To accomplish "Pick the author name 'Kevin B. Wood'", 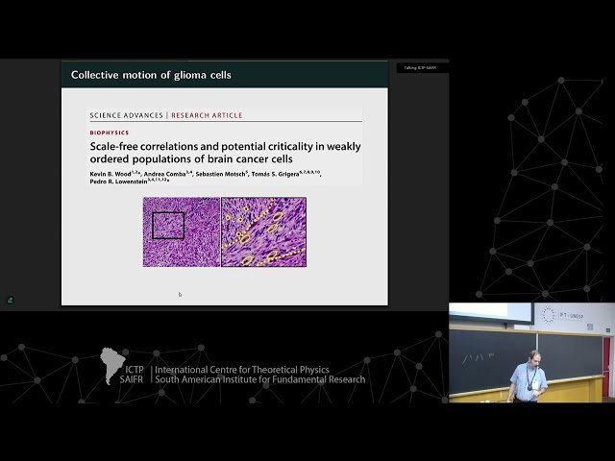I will (x=110, y=173).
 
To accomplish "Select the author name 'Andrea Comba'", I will (x=166, y=173).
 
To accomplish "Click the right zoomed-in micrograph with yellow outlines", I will (x=263, y=231).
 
